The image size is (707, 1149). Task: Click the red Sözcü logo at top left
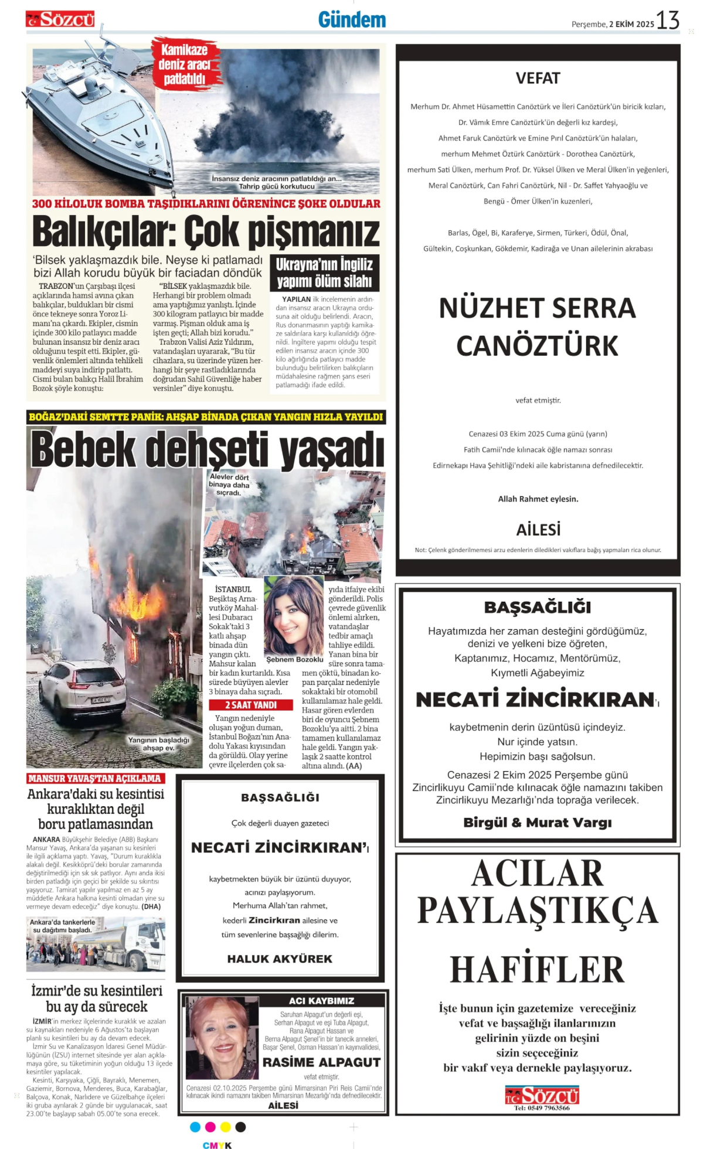tap(60, 19)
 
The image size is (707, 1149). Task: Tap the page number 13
tap(667, 21)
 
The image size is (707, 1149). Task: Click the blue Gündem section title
tap(352, 20)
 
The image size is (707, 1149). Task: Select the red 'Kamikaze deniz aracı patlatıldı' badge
tap(185, 64)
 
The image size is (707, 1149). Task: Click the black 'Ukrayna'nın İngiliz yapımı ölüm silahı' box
tap(324, 272)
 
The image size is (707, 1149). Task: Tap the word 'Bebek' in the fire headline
tap(84, 450)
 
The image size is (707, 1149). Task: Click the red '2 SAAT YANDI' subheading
tap(250, 705)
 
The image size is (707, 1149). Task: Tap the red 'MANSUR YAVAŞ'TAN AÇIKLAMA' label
tap(95, 778)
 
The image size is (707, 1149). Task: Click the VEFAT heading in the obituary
tap(538, 79)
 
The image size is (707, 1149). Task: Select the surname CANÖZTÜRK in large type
tap(537, 346)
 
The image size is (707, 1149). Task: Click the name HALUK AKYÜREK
tap(280, 959)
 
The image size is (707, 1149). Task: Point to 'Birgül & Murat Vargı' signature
tap(537, 822)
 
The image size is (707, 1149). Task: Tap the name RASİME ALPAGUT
tap(321, 1062)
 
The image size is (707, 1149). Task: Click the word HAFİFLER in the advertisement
tap(537, 970)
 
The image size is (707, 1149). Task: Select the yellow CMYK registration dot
tap(226, 1127)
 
